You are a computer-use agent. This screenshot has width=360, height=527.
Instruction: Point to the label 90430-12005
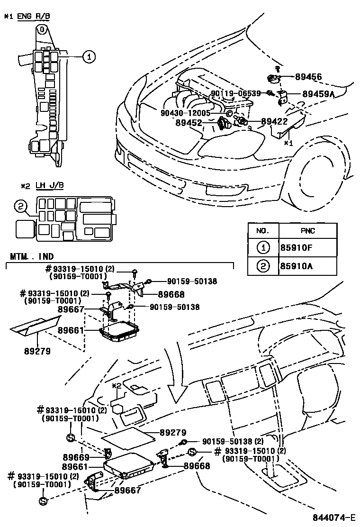[186, 113]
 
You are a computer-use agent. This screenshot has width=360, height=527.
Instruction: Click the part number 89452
[189, 122]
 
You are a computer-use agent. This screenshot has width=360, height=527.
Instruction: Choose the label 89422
[274, 122]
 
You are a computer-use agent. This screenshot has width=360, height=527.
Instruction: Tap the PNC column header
[307, 231]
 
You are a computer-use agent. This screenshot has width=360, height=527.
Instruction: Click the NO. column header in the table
[263, 231]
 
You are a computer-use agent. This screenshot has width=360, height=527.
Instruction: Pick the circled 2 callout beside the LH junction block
[20, 206]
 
